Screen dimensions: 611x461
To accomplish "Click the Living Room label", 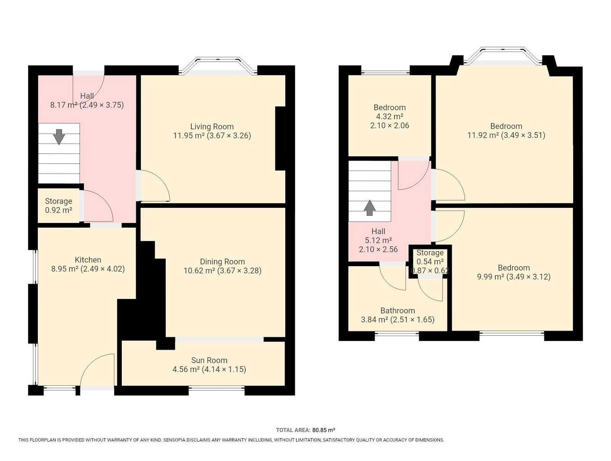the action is (x=212, y=127).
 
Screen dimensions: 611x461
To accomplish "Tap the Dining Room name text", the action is (x=222, y=262).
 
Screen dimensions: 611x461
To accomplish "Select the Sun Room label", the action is (x=209, y=360).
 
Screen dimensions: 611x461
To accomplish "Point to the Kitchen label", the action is (x=88, y=260).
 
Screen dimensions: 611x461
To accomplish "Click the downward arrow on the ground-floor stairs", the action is (x=59, y=137).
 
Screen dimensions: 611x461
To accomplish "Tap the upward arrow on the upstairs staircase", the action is (x=370, y=208).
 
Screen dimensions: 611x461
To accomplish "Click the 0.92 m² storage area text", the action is (x=58, y=210).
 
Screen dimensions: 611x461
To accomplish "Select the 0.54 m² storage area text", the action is (x=430, y=261).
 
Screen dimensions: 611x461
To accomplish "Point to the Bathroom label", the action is (x=398, y=311).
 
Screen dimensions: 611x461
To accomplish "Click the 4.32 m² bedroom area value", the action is (x=390, y=116).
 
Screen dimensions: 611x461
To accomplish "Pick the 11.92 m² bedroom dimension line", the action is (x=506, y=135).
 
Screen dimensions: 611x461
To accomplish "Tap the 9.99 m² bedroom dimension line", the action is (x=514, y=277).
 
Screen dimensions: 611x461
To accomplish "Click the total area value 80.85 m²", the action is (x=323, y=430).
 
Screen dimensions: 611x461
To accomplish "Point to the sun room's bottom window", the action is (x=217, y=386).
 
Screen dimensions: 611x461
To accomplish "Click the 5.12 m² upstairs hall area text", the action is (x=378, y=240).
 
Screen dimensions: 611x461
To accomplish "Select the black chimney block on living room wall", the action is (x=280, y=138).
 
